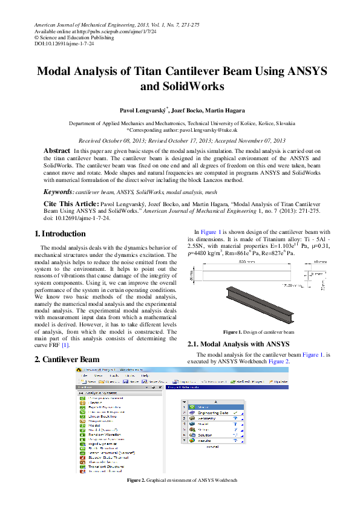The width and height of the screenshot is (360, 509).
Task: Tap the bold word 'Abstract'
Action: tap(57, 150)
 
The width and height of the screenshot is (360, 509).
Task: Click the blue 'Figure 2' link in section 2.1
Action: tap(279, 361)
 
